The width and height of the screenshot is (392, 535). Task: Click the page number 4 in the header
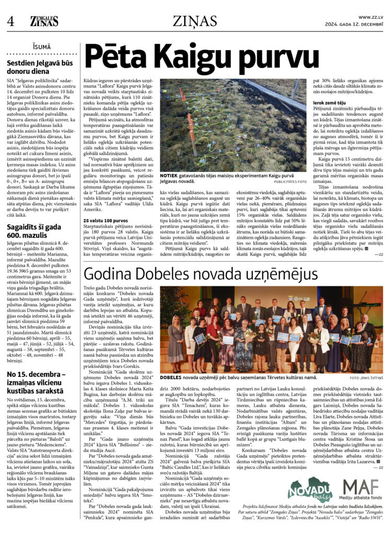10,21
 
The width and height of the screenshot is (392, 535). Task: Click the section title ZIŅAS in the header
195,21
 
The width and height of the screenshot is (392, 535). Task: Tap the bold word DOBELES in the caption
171,376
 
